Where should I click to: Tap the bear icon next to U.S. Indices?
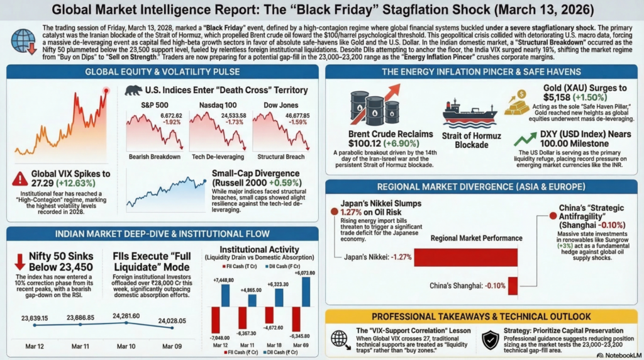coord(133,91)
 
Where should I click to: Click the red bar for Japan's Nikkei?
coord(465,257)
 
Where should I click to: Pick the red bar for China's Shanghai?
coord(512,285)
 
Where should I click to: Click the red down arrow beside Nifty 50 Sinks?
coord(19,261)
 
